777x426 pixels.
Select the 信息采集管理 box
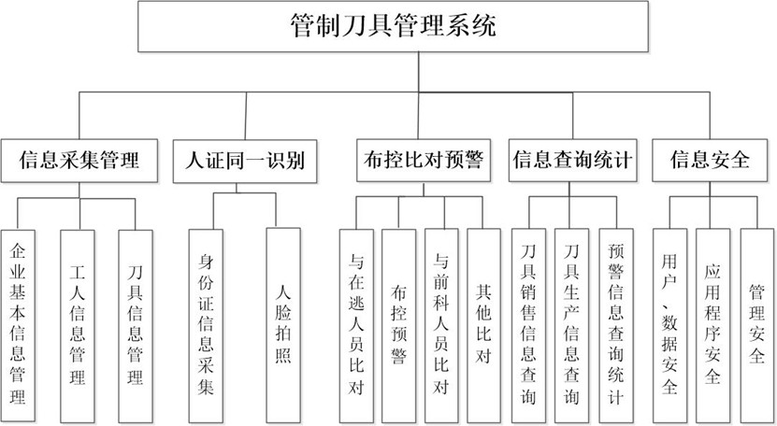click(x=79, y=160)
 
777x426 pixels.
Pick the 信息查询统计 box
click(x=573, y=160)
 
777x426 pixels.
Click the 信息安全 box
click(x=711, y=160)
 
